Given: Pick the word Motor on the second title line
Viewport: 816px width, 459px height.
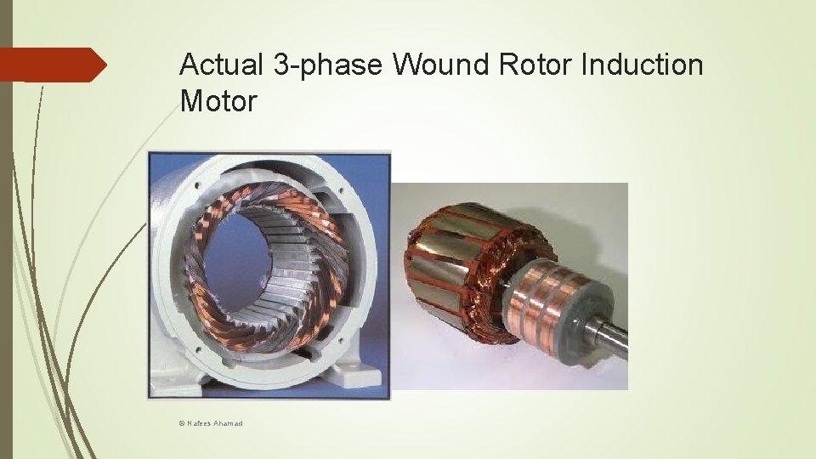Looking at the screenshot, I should (x=218, y=101).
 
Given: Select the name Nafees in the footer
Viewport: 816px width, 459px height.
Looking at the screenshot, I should (x=201, y=422).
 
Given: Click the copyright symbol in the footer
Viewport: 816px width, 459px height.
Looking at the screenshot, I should (x=182, y=422).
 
